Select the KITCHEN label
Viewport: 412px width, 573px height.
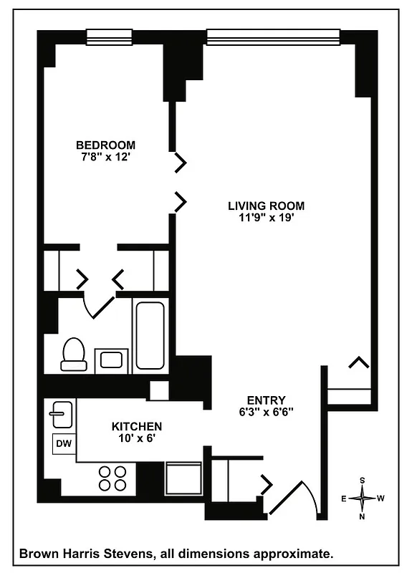(136, 425)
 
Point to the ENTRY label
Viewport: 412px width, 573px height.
(266, 400)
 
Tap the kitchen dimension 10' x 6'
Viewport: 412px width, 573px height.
(136, 438)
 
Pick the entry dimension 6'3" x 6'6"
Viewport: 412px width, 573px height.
(266, 413)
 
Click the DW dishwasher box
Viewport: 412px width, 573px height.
(64, 443)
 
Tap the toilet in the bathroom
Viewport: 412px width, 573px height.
(73, 355)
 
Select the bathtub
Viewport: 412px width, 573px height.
(150, 334)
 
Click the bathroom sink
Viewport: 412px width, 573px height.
(112, 358)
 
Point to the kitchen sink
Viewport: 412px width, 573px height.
(60, 414)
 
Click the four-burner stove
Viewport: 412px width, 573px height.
(112, 478)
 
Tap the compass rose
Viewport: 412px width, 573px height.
(364, 496)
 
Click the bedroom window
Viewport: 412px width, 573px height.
(109, 36)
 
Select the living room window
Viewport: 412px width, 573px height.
(272, 36)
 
